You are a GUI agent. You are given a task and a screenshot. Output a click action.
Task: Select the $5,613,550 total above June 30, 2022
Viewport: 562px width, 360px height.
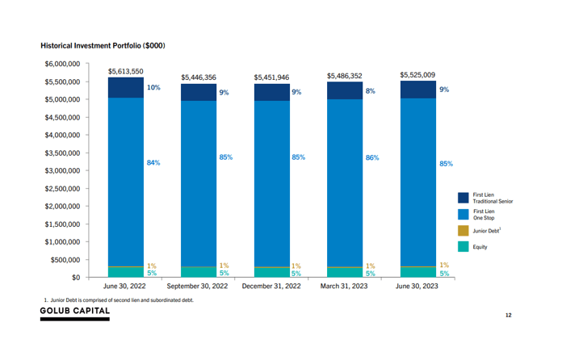pos(125,71)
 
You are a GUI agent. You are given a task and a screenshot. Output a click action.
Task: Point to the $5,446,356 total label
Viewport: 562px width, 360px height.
pos(198,77)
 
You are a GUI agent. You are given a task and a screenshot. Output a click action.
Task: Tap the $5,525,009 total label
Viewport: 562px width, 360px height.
pos(417,75)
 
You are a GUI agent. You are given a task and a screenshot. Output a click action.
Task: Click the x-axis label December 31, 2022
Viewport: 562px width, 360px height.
pos(271,287)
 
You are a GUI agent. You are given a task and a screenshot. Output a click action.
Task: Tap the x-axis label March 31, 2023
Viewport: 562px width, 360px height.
pos(344,287)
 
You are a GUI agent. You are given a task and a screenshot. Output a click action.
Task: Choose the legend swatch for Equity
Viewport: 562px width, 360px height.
pos(463,247)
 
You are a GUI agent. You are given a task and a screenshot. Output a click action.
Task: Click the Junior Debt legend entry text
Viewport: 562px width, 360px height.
pos(486,230)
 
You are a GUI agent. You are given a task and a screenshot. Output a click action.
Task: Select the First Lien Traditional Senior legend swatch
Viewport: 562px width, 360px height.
pos(463,197)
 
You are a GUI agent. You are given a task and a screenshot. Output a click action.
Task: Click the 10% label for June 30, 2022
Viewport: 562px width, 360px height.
pos(153,87)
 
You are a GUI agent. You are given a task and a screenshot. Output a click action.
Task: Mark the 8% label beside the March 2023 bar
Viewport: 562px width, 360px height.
pos(370,91)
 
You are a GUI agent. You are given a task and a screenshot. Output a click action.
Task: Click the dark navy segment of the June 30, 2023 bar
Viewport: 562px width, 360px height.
pos(417,90)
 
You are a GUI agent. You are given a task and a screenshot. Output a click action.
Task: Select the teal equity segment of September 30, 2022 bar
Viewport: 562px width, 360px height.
pos(198,272)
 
